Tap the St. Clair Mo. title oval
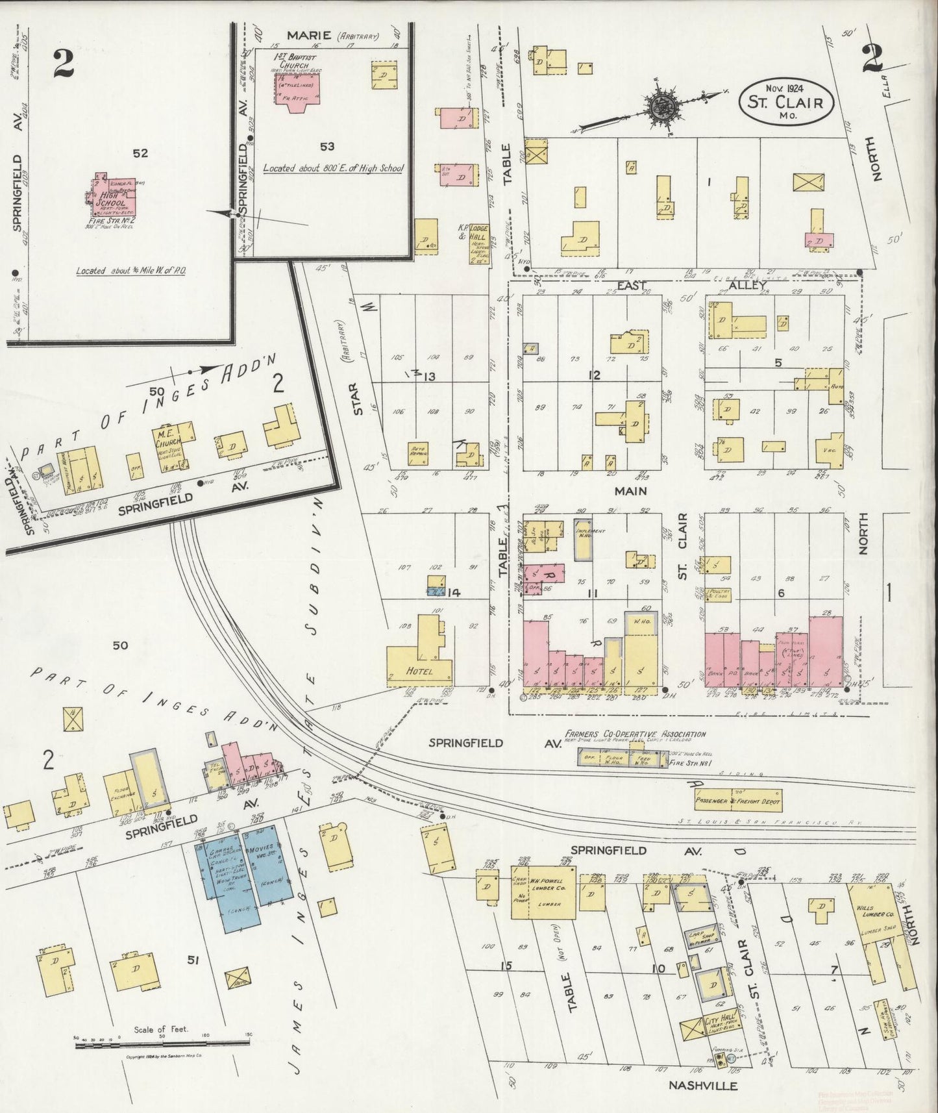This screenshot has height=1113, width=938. pos(785,103)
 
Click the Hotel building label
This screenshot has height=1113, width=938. pos(419,671)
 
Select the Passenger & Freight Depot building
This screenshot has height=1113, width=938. pos(737,801)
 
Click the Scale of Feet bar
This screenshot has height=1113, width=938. pos(162,1043)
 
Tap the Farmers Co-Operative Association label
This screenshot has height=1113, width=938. pos(634,734)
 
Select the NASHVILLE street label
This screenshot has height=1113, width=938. pos(703,1085)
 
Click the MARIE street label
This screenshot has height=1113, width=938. pos(310,35)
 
